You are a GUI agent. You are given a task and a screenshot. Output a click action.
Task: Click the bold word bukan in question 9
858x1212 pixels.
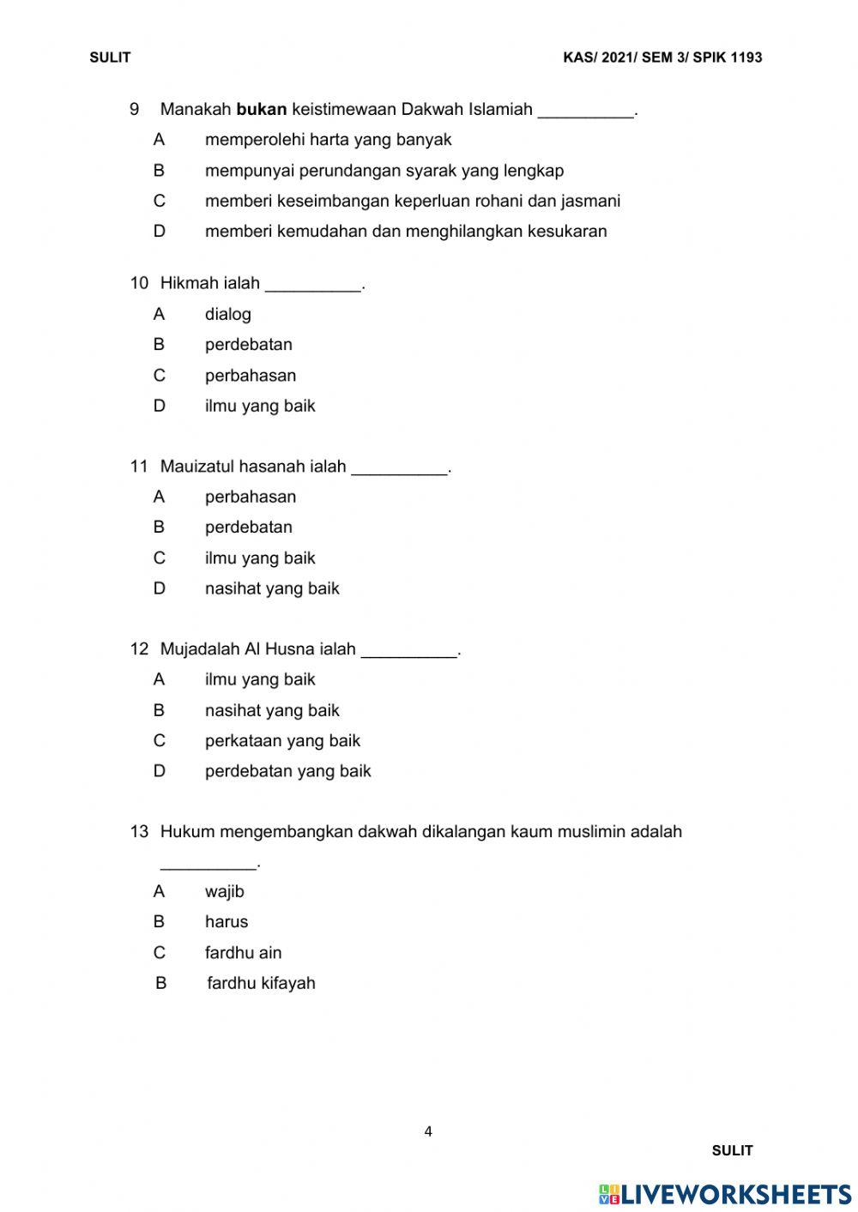pos(261,110)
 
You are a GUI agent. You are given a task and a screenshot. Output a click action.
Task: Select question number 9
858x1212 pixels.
pos(135,110)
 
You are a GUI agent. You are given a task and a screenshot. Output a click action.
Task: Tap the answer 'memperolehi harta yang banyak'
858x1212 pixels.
pos(328,140)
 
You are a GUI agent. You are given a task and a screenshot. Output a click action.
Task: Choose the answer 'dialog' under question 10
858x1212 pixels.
pos(228,314)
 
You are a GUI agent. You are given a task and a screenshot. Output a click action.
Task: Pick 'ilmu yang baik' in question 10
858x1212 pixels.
pos(260,406)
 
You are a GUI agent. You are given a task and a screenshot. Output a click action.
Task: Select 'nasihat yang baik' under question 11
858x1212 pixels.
pos(272,588)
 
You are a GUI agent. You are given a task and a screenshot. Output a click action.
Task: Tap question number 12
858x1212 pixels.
pos(139,649)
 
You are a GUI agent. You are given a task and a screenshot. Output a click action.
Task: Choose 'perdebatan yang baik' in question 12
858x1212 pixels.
pos(287,771)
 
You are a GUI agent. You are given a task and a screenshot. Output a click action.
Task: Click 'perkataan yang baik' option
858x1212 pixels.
pos(282,740)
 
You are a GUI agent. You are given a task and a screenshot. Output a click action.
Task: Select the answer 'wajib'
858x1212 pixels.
pos(225,891)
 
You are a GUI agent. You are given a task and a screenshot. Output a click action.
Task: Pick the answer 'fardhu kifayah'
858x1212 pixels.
pos(261,983)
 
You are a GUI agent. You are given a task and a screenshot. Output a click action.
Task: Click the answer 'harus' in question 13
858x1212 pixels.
pos(227,922)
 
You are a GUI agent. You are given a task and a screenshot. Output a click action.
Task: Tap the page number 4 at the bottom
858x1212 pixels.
pos(428,1131)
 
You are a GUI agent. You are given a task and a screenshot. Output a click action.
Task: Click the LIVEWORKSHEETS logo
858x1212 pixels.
pos(725,1194)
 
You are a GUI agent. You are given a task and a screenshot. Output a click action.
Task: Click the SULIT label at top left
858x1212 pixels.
pos(110,57)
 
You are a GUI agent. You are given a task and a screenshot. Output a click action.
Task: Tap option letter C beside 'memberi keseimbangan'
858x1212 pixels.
pos(159,201)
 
